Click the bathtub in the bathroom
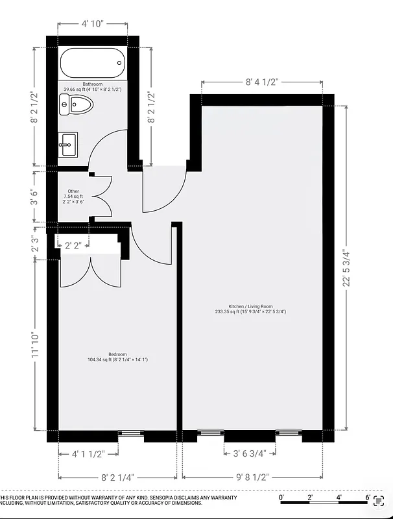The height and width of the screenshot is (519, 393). click(x=92, y=64)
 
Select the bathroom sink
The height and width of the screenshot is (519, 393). click(x=67, y=144)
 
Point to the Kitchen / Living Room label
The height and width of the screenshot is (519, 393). click(x=250, y=306)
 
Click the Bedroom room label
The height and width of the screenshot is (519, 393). click(x=117, y=354)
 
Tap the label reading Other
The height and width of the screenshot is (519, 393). click(x=73, y=191)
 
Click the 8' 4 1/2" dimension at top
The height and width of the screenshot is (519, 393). click(x=262, y=82)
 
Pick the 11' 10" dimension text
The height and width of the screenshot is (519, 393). click(x=35, y=344)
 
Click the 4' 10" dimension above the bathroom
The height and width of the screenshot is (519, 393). click(x=93, y=25)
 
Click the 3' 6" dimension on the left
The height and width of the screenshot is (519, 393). click(x=35, y=197)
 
